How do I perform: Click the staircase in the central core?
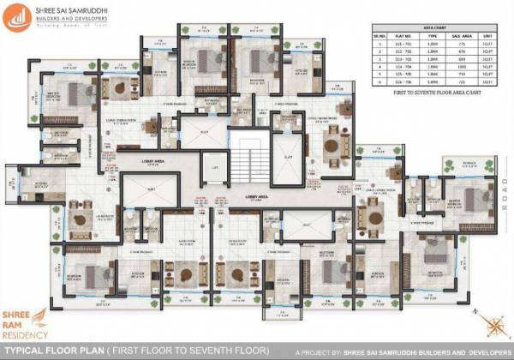[250, 160]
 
